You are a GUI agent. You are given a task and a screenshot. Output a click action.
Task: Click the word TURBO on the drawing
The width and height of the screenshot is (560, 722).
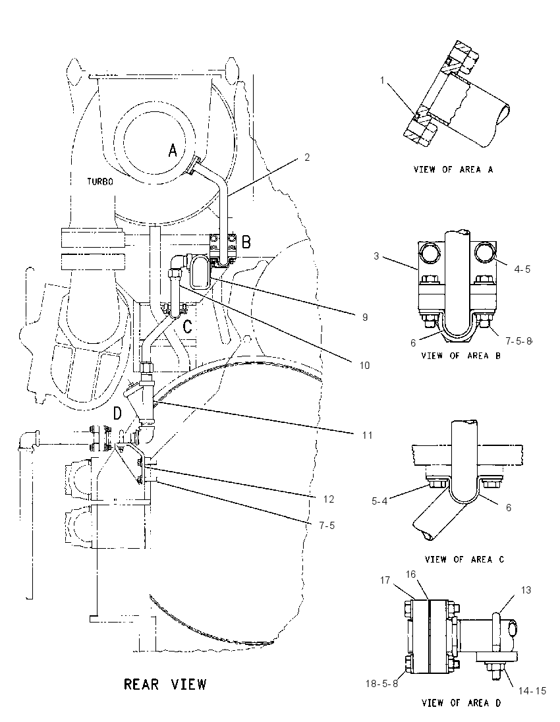point(100,181)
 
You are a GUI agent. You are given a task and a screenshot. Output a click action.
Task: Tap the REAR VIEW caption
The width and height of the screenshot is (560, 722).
point(165,684)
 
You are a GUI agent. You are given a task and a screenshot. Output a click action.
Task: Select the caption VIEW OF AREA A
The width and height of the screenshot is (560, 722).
point(453,169)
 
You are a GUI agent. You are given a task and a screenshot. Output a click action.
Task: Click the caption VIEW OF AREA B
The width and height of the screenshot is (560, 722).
point(461,356)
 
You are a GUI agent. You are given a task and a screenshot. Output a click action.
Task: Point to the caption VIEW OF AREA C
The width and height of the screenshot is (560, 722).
point(464,559)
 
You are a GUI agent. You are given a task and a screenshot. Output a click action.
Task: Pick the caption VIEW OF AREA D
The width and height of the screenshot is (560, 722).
point(461,703)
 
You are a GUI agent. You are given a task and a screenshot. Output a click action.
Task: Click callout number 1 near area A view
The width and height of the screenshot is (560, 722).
point(381,80)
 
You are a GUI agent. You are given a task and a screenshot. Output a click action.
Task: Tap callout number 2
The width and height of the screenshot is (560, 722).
point(307,157)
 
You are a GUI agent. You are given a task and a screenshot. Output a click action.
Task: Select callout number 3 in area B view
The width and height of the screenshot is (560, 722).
point(376,256)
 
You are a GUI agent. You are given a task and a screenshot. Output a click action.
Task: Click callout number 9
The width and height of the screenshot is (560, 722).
point(365,317)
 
